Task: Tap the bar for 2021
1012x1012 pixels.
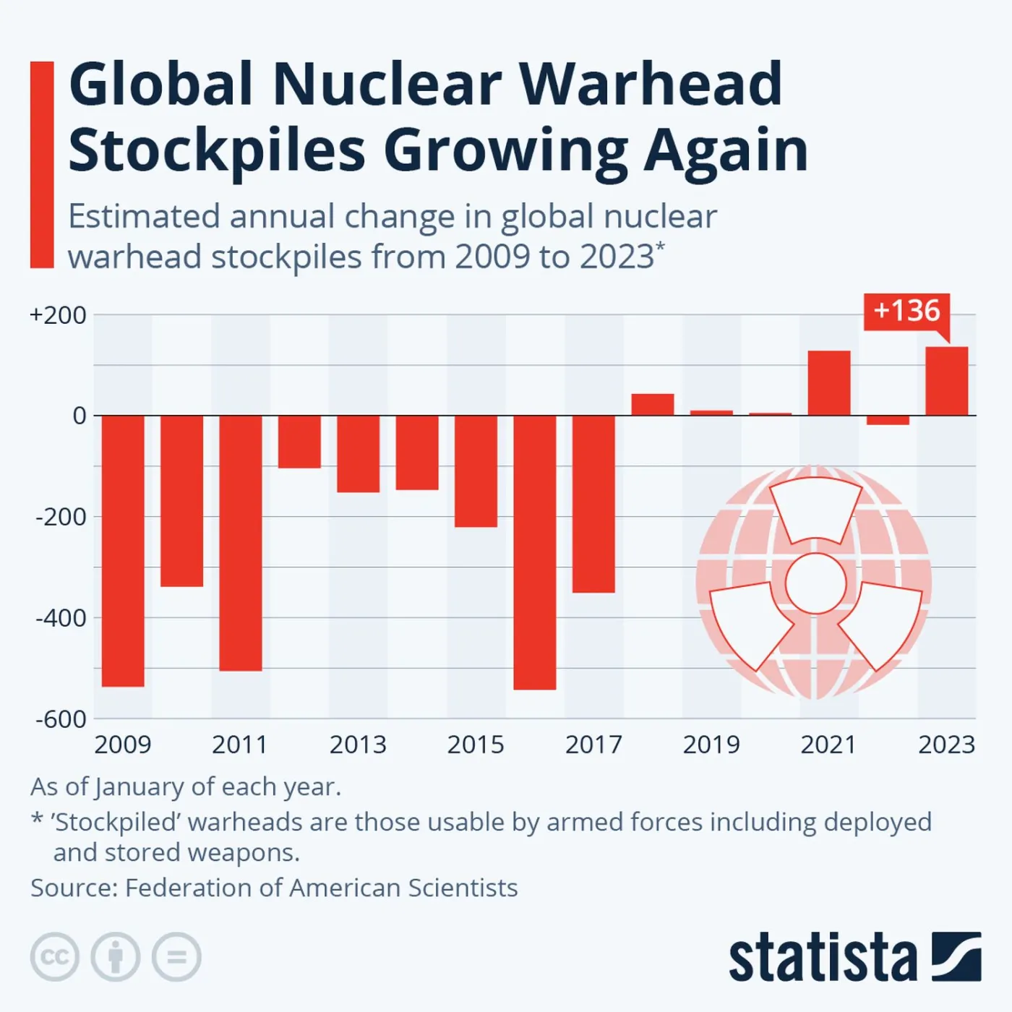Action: pos(829,383)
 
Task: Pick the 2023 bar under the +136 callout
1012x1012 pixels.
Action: pos(947,382)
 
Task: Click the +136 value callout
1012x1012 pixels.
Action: pos(906,311)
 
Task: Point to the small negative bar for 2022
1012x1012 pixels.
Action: pos(888,420)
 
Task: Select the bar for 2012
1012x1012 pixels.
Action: pos(299,442)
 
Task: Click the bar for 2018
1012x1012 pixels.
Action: pos(653,405)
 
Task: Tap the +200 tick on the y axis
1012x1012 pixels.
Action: pos(58,315)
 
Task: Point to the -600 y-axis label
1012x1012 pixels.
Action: pos(61,719)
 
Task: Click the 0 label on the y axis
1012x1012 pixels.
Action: pos(79,416)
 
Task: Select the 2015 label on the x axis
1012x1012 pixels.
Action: pos(476,745)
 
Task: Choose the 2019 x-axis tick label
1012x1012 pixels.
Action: pos(711,745)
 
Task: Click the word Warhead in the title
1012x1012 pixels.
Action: pos(651,85)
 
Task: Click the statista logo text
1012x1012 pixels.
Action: pos(823,959)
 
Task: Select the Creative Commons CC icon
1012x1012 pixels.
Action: pos(55,957)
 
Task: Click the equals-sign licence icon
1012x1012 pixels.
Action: pos(176,957)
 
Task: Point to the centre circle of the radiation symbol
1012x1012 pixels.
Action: pos(815,583)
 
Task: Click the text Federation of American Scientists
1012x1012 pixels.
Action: pos(321,888)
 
